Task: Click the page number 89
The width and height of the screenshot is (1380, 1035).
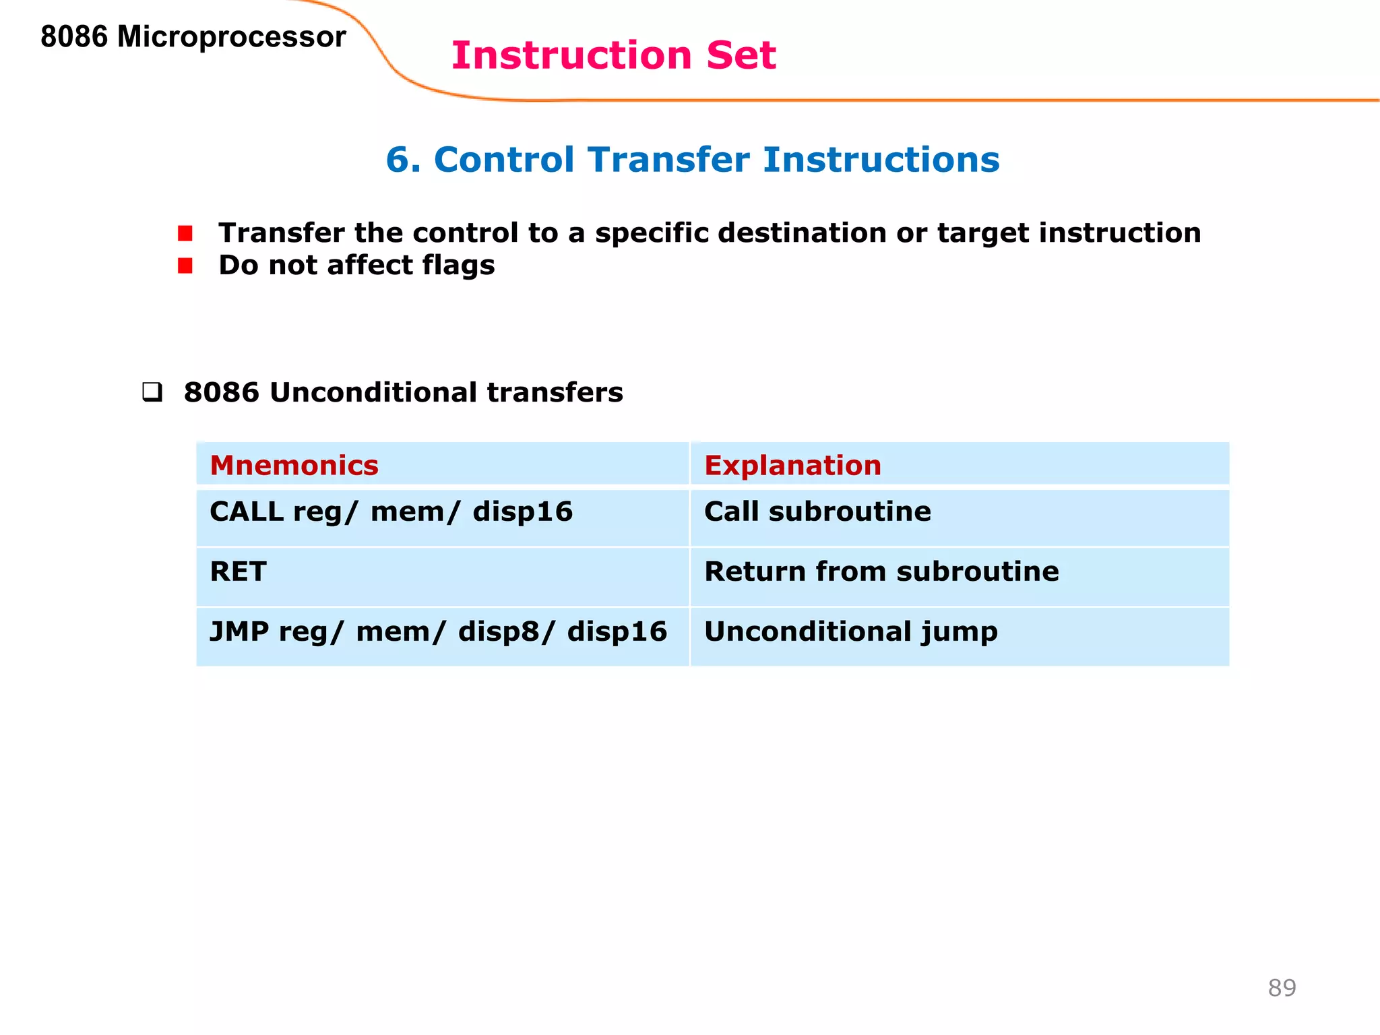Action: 1282,988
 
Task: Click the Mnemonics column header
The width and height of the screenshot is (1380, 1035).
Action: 294,466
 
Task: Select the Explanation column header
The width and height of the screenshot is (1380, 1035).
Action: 792,466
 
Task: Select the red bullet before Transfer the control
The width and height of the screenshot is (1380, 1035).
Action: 185,234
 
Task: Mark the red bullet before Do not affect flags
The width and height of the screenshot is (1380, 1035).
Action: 185,266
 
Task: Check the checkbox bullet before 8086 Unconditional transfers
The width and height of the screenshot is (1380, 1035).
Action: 152,392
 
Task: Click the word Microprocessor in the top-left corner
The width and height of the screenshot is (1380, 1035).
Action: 231,37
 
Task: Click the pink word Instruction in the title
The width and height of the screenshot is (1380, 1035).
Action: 571,55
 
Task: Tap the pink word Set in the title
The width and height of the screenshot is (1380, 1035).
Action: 741,55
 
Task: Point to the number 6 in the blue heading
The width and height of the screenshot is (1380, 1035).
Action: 397,160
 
